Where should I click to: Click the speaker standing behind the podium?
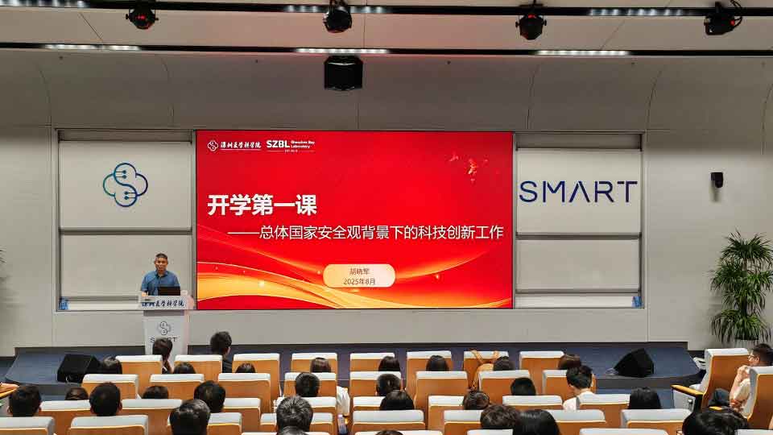coord(159,275)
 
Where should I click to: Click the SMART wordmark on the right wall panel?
coord(578,192)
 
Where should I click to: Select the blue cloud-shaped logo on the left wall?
coord(125,184)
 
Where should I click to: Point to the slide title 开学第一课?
coord(262,205)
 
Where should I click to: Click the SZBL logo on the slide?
coord(290,145)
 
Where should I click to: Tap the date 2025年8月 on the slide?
coord(359,282)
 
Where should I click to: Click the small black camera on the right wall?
coord(717,179)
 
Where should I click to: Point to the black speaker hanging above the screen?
coord(343,72)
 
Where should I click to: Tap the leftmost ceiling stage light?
coord(143,16)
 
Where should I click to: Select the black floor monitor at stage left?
coord(78,367)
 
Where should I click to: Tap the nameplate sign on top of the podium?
coord(164,303)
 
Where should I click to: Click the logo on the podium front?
coord(164,328)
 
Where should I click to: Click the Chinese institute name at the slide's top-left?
coord(234,145)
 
